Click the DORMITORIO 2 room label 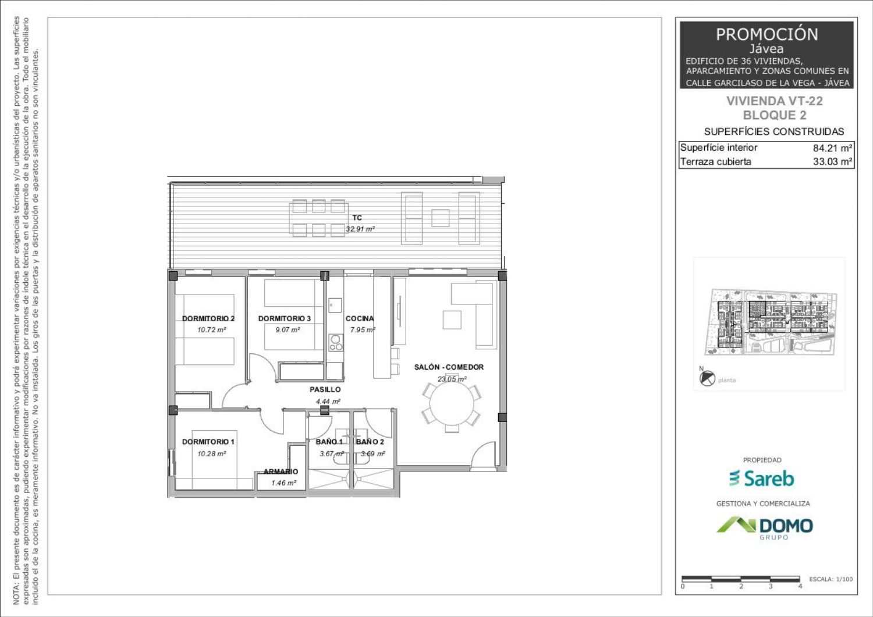208,318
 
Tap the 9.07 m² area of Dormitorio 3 288,329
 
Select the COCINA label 359,318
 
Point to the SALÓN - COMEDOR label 449,367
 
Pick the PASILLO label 325,389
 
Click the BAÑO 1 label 329,442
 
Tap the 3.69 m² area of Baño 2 372,453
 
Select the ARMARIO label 281,471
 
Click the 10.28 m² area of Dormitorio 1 212,453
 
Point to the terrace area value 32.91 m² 360,229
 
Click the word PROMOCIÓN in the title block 766,34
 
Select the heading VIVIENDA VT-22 775,101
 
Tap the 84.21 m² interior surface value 832,148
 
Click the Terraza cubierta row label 715,161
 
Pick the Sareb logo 761,478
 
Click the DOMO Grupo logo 765,528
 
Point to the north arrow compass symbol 707,378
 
